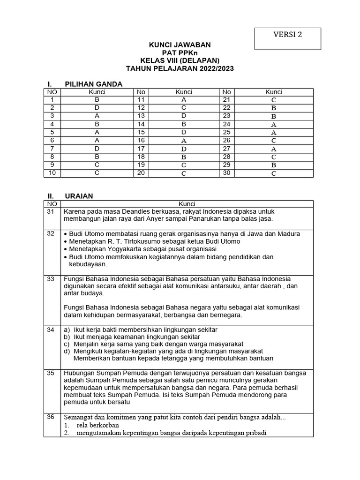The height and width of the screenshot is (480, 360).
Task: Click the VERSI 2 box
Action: pos(287,38)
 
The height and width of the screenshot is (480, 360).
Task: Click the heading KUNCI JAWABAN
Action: pos(180,45)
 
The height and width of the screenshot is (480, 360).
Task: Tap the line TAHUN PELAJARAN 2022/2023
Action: pos(180,68)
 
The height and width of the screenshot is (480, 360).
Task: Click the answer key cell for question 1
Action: pos(97,100)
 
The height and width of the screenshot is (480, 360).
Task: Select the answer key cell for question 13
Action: pos(184,115)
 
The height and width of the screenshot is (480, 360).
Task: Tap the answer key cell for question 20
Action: pos(184,173)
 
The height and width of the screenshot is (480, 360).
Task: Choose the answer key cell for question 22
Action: pos(274,107)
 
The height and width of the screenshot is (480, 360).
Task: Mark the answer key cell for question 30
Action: pos(274,173)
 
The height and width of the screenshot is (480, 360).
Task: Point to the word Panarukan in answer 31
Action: pos(217,219)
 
